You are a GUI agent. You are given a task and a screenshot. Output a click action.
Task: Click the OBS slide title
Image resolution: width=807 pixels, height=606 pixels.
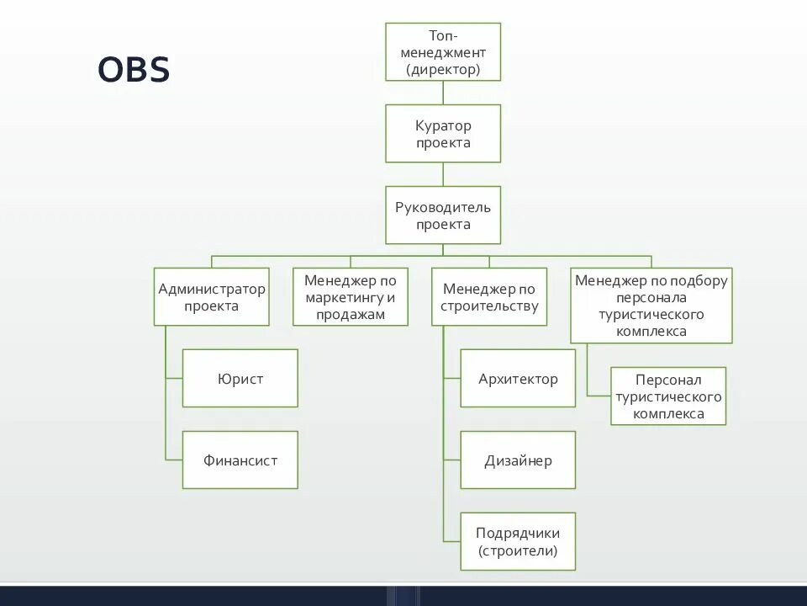click(134, 70)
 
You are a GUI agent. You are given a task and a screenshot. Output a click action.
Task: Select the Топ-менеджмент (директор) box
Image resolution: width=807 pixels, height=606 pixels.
click(443, 51)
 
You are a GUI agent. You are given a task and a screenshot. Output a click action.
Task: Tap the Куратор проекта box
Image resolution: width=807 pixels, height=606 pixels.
click(443, 133)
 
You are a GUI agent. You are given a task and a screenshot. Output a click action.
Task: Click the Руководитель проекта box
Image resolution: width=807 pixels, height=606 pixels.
click(443, 215)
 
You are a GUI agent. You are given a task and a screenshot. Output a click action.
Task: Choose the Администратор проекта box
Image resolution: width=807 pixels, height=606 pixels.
click(211, 296)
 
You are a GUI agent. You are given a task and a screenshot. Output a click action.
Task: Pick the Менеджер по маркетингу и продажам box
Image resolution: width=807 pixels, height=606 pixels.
click(351, 296)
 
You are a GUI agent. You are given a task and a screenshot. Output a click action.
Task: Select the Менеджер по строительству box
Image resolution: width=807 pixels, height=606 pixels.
click(489, 296)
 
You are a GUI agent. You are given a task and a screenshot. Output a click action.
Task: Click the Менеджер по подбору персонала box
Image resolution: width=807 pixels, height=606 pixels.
click(651, 305)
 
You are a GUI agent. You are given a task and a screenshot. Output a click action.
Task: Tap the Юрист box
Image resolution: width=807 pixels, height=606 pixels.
click(240, 378)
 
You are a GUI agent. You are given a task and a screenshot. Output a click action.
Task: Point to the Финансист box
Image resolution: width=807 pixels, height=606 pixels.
click(240, 460)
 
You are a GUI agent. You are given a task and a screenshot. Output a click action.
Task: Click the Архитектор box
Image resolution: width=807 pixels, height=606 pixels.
click(518, 378)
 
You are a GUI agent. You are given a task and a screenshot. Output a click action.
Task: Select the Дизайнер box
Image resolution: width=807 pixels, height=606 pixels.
click(518, 460)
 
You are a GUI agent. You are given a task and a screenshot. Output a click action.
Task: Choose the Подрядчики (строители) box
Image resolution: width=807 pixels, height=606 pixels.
click(518, 541)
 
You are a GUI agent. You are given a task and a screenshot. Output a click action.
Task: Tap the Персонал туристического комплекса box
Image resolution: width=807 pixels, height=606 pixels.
click(668, 396)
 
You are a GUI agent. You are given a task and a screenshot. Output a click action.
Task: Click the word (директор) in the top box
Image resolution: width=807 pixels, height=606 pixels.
click(443, 69)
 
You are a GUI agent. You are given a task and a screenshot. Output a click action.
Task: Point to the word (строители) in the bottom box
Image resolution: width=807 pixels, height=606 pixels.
click(518, 551)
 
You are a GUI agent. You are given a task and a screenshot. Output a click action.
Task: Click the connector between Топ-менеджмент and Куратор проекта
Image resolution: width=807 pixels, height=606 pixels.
click(443, 93)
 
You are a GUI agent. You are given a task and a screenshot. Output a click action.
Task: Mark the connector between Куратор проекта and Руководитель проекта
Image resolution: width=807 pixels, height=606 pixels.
click(443, 174)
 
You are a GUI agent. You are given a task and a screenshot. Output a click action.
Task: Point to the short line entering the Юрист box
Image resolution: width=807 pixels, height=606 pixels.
click(174, 379)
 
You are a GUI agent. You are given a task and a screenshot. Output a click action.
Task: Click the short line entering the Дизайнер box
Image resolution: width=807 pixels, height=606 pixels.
click(452, 460)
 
